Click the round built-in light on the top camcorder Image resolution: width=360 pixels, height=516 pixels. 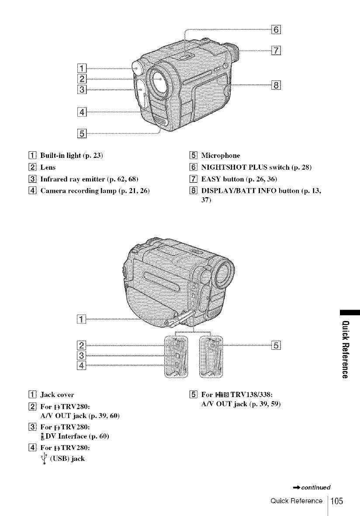(138, 68)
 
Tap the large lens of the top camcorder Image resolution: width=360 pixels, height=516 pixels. (159, 81)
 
